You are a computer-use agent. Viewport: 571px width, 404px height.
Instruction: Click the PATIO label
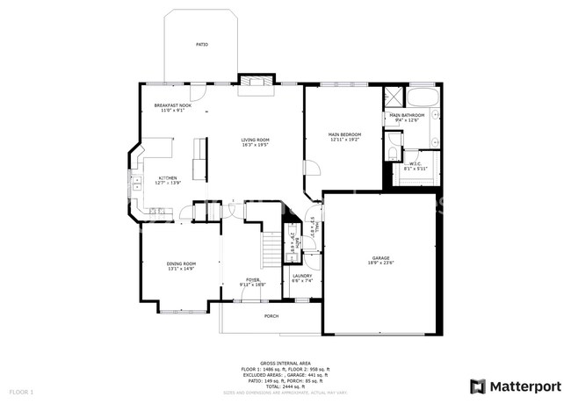pyautogui.click(x=201, y=44)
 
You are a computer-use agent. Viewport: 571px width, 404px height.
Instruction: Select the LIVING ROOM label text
pyautogui.click(x=256, y=140)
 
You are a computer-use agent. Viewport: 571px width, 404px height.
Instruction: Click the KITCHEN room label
pyautogui.click(x=167, y=177)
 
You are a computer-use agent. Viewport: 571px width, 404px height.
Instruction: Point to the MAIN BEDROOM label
pyautogui.click(x=346, y=134)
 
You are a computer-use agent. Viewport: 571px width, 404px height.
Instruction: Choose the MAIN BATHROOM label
pyautogui.click(x=407, y=115)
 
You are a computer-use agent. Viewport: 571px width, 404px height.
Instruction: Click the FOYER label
pyautogui.click(x=253, y=279)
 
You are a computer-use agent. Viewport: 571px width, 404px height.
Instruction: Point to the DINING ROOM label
pyautogui.click(x=181, y=263)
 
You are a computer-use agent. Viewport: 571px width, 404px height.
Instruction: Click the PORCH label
pyautogui.click(x=271, y=316)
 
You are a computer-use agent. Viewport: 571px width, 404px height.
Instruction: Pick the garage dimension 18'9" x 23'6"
pyautogui.click(x=379, y=263)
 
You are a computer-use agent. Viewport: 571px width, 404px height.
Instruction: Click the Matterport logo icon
pyautogui.click(x=477, y=386)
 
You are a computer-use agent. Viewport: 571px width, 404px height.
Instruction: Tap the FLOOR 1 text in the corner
pyautogui.click(x=21, y=390)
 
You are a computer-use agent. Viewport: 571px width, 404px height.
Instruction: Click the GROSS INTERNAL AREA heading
pyautogui.click(x=285, y=361)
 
